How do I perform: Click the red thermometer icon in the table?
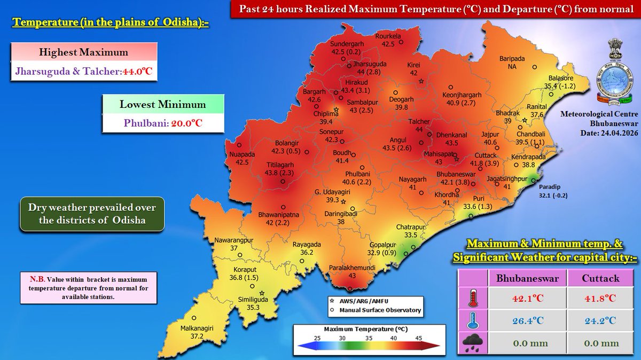click(x=473, y=298)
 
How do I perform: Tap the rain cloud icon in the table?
click(x=473, y=343)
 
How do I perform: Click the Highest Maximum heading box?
click(x=83, y=53)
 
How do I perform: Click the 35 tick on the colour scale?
click(x=368, y=338)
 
